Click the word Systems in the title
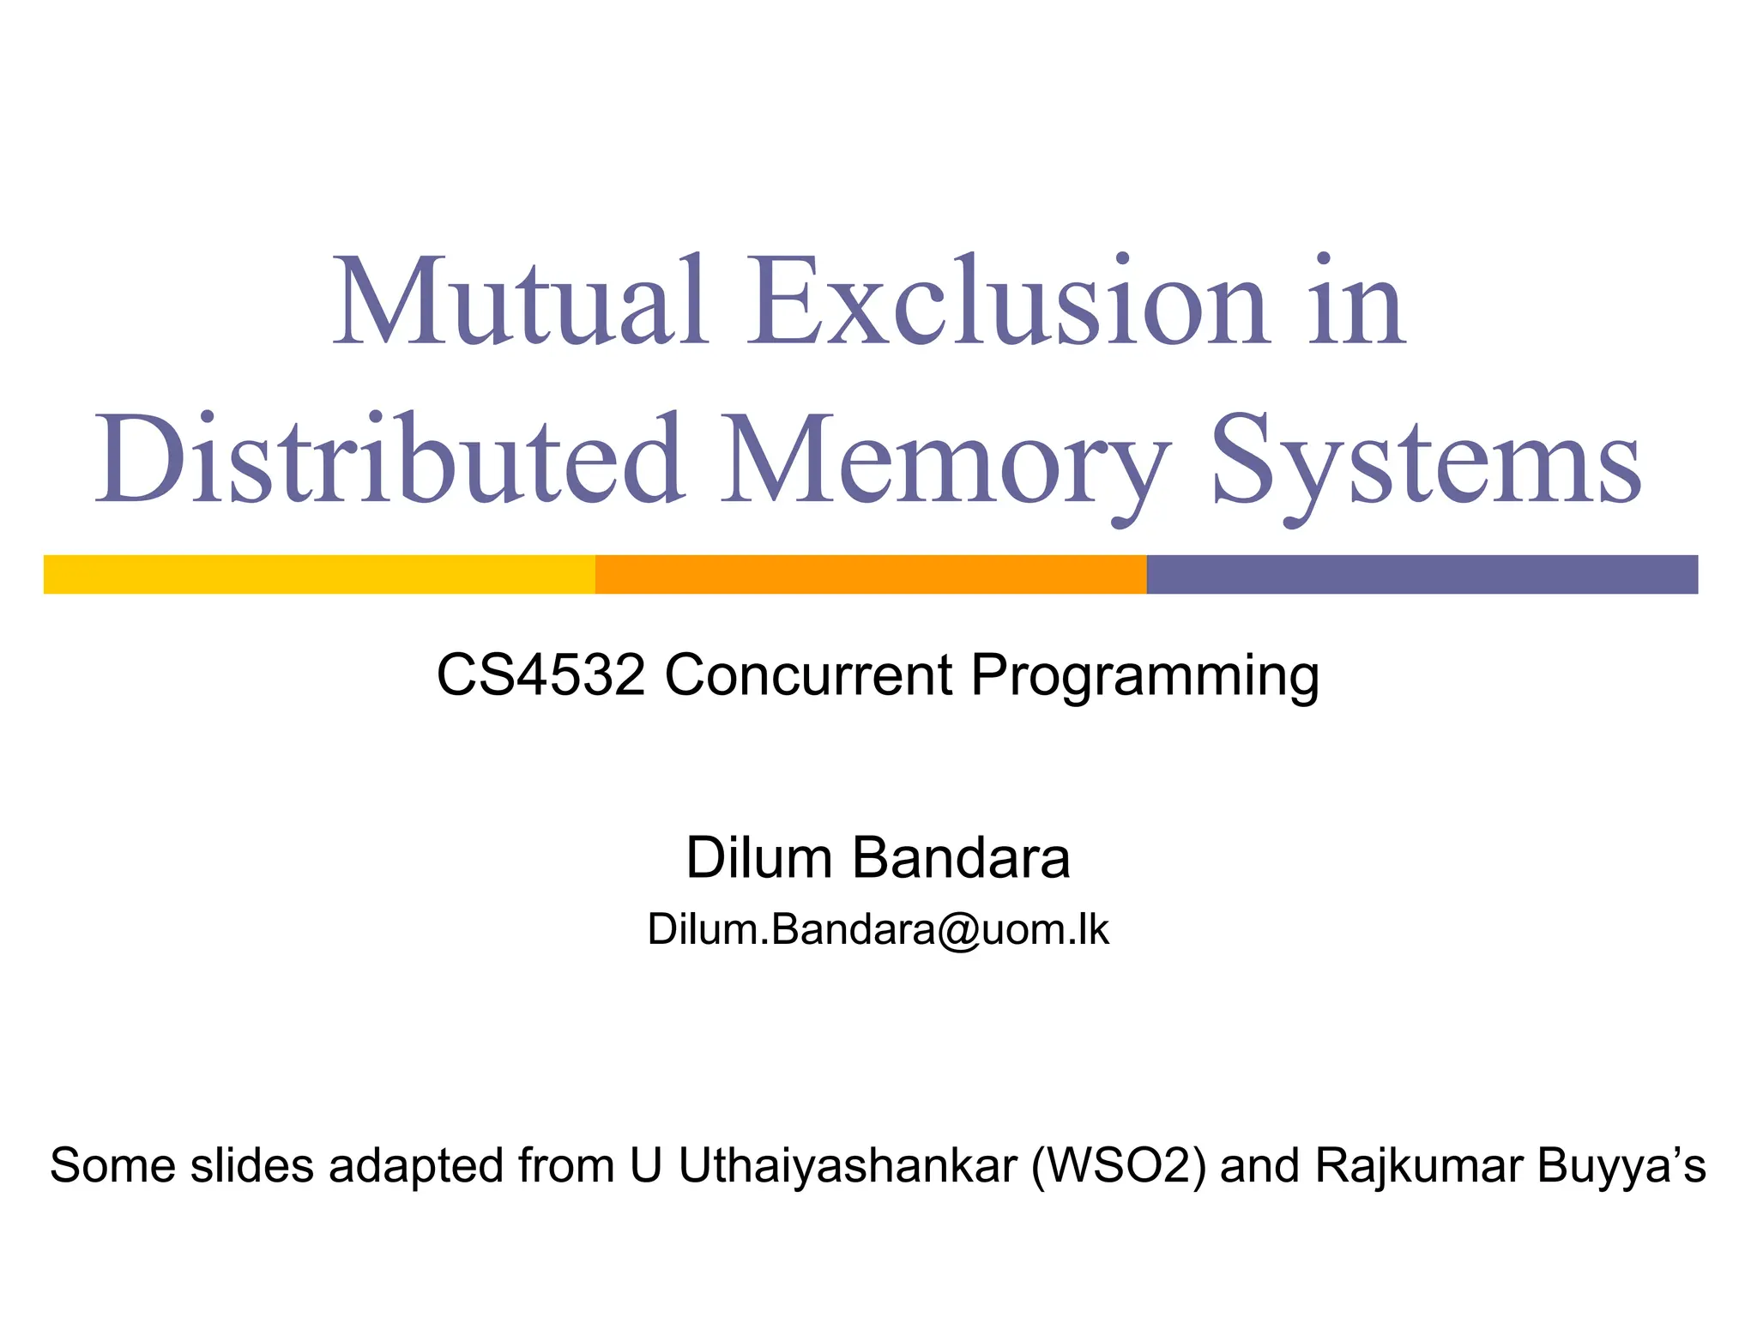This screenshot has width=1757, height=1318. [x=1425, y=462]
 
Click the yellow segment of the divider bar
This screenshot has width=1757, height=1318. [x=319, y=574]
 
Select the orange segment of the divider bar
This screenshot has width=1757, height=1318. [x=870, y=574]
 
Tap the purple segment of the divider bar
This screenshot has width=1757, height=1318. [x=1422, y=574]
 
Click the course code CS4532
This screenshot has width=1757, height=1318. [x=540, y=674]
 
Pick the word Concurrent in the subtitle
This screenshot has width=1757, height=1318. [x=808, y=674]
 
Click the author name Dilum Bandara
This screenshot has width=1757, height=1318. [x=878, y=857]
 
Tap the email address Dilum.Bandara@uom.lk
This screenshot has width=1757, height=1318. [x=878, y=929]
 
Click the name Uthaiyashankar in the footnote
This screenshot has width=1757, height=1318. [x=848, y=1166]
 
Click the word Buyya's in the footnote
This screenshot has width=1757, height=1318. [x=1621, y=1166]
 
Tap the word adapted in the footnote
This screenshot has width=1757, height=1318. [x=416, y=1166]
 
